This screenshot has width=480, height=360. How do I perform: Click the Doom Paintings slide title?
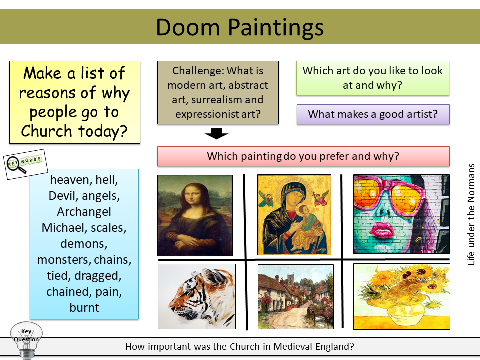[240, 27]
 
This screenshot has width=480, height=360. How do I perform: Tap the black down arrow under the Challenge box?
[217, 133]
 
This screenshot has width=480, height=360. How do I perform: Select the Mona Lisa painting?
[195, 215]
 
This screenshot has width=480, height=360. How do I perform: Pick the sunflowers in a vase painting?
[401, 296]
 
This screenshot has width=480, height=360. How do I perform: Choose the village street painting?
[295, 296]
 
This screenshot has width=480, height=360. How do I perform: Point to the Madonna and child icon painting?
[294, 214]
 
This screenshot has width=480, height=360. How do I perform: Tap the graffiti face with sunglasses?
[401, 214]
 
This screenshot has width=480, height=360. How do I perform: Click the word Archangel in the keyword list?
[84, 211]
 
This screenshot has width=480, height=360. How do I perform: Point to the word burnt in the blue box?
[84, 307]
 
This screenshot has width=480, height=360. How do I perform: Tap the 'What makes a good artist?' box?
[373, 114]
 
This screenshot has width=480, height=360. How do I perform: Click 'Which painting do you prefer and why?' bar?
[303, 156]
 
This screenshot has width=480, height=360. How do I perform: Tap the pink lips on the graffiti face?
[383, 230]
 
